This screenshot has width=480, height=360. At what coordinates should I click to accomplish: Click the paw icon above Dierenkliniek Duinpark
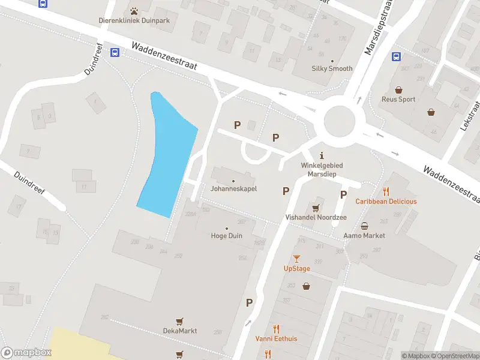click(x=134, y=10)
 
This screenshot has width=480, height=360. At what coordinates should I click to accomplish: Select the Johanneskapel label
click(x=233, y=188)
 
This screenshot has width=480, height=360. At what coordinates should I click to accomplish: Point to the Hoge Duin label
click(x=226, y=236)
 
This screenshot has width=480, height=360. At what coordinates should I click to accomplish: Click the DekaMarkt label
click(x=179, y=331)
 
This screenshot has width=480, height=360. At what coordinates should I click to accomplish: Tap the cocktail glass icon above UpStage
click(x=296, y=259)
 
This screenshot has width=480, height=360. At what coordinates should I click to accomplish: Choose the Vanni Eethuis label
click(x=276, y=338)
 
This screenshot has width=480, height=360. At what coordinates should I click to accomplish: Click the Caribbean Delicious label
click(x=386, y=202)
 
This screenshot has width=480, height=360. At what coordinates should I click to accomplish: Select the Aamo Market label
click(x=364, y=236)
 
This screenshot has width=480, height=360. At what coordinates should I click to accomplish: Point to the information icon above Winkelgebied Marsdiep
click(x=322, y=155)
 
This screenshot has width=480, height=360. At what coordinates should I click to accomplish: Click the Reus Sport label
click(x=398, y=99)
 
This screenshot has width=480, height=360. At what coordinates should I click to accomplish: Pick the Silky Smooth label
click(x=332, y=68)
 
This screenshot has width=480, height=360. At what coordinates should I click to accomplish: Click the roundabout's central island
click(x=340, y=121)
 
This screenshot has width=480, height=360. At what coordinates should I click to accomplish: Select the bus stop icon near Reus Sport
click(x=396, y=57)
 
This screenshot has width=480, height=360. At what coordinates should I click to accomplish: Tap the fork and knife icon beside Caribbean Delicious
click(x=386, y=192)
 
